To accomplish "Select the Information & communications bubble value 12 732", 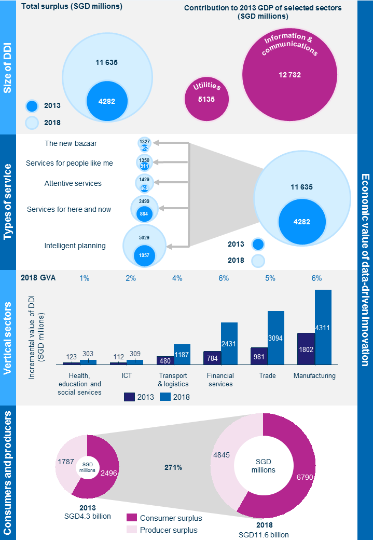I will click(289, 75).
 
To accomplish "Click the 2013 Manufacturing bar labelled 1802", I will click(306, 349).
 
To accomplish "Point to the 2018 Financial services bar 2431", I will click(229, 344).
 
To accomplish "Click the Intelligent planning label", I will click(75, 246).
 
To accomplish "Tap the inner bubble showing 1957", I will click(144, 256).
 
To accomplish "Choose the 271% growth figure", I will click(173, 467).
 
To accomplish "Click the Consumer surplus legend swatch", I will click(132, 518).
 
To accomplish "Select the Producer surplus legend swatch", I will click(132, 530).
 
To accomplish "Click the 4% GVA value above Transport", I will click(177, 278).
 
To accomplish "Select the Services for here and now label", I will click(69, 209).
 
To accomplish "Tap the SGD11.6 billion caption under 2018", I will click(263, 534).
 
